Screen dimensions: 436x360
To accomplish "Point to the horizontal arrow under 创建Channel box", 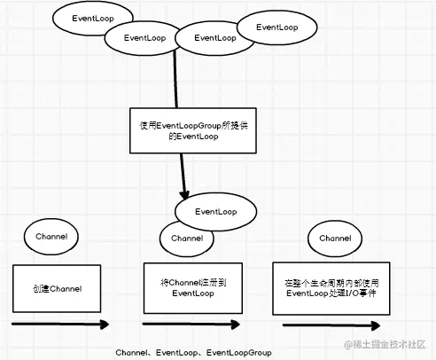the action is click(60, 325).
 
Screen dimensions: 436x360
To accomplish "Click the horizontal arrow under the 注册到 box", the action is click(191, 325).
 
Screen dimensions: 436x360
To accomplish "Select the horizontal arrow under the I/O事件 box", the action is click(331, 325).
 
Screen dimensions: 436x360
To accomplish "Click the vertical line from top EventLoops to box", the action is click(175, 79).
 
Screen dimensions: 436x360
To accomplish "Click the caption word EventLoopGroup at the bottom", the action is click(238, 353).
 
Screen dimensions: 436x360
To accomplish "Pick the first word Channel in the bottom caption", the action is click(131, 353).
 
